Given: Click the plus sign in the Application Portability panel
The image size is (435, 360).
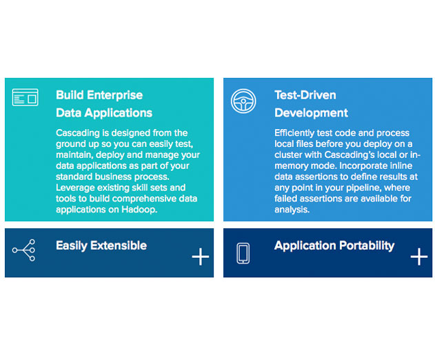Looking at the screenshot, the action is [x=419, y=257].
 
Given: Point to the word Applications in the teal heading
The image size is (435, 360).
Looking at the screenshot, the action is [x=118, y=113].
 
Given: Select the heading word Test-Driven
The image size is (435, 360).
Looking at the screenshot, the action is [x=305, y=95].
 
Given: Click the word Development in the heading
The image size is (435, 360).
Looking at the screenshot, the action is [x=311, y=113].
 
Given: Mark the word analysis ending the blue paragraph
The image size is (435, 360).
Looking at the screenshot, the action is [x=292, y=210].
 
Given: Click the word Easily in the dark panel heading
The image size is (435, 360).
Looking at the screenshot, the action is [x=72, y=246].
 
